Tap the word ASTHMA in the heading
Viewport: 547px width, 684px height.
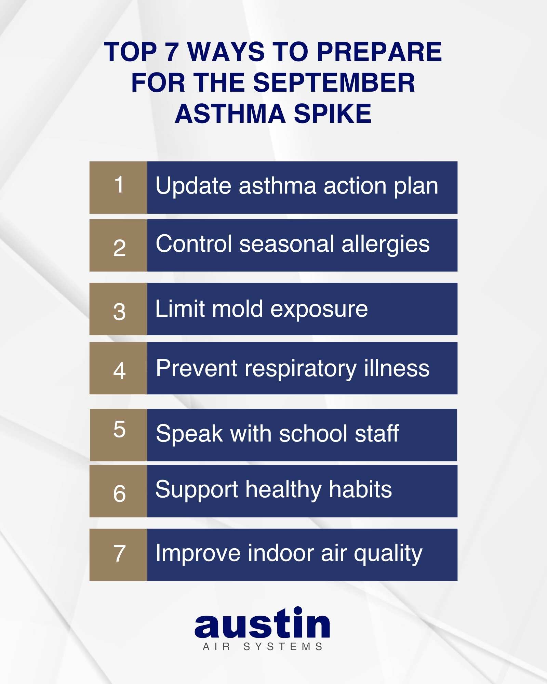(230, 114)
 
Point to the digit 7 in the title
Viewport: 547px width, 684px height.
(172, 52)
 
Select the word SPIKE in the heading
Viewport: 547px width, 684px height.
(332, 114)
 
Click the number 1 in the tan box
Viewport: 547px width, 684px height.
(119, 185)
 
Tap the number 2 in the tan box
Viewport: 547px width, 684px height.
(119, 248)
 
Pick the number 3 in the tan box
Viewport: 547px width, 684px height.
(119, 312)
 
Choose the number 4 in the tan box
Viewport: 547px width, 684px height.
(119, 371)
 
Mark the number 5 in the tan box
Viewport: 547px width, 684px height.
(119, 429)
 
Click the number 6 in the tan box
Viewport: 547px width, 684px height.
(119, 494)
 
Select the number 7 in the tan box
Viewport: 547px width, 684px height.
(119, 553)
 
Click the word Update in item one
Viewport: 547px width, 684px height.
(194, 186)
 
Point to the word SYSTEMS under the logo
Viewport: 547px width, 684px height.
(283, 647)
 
